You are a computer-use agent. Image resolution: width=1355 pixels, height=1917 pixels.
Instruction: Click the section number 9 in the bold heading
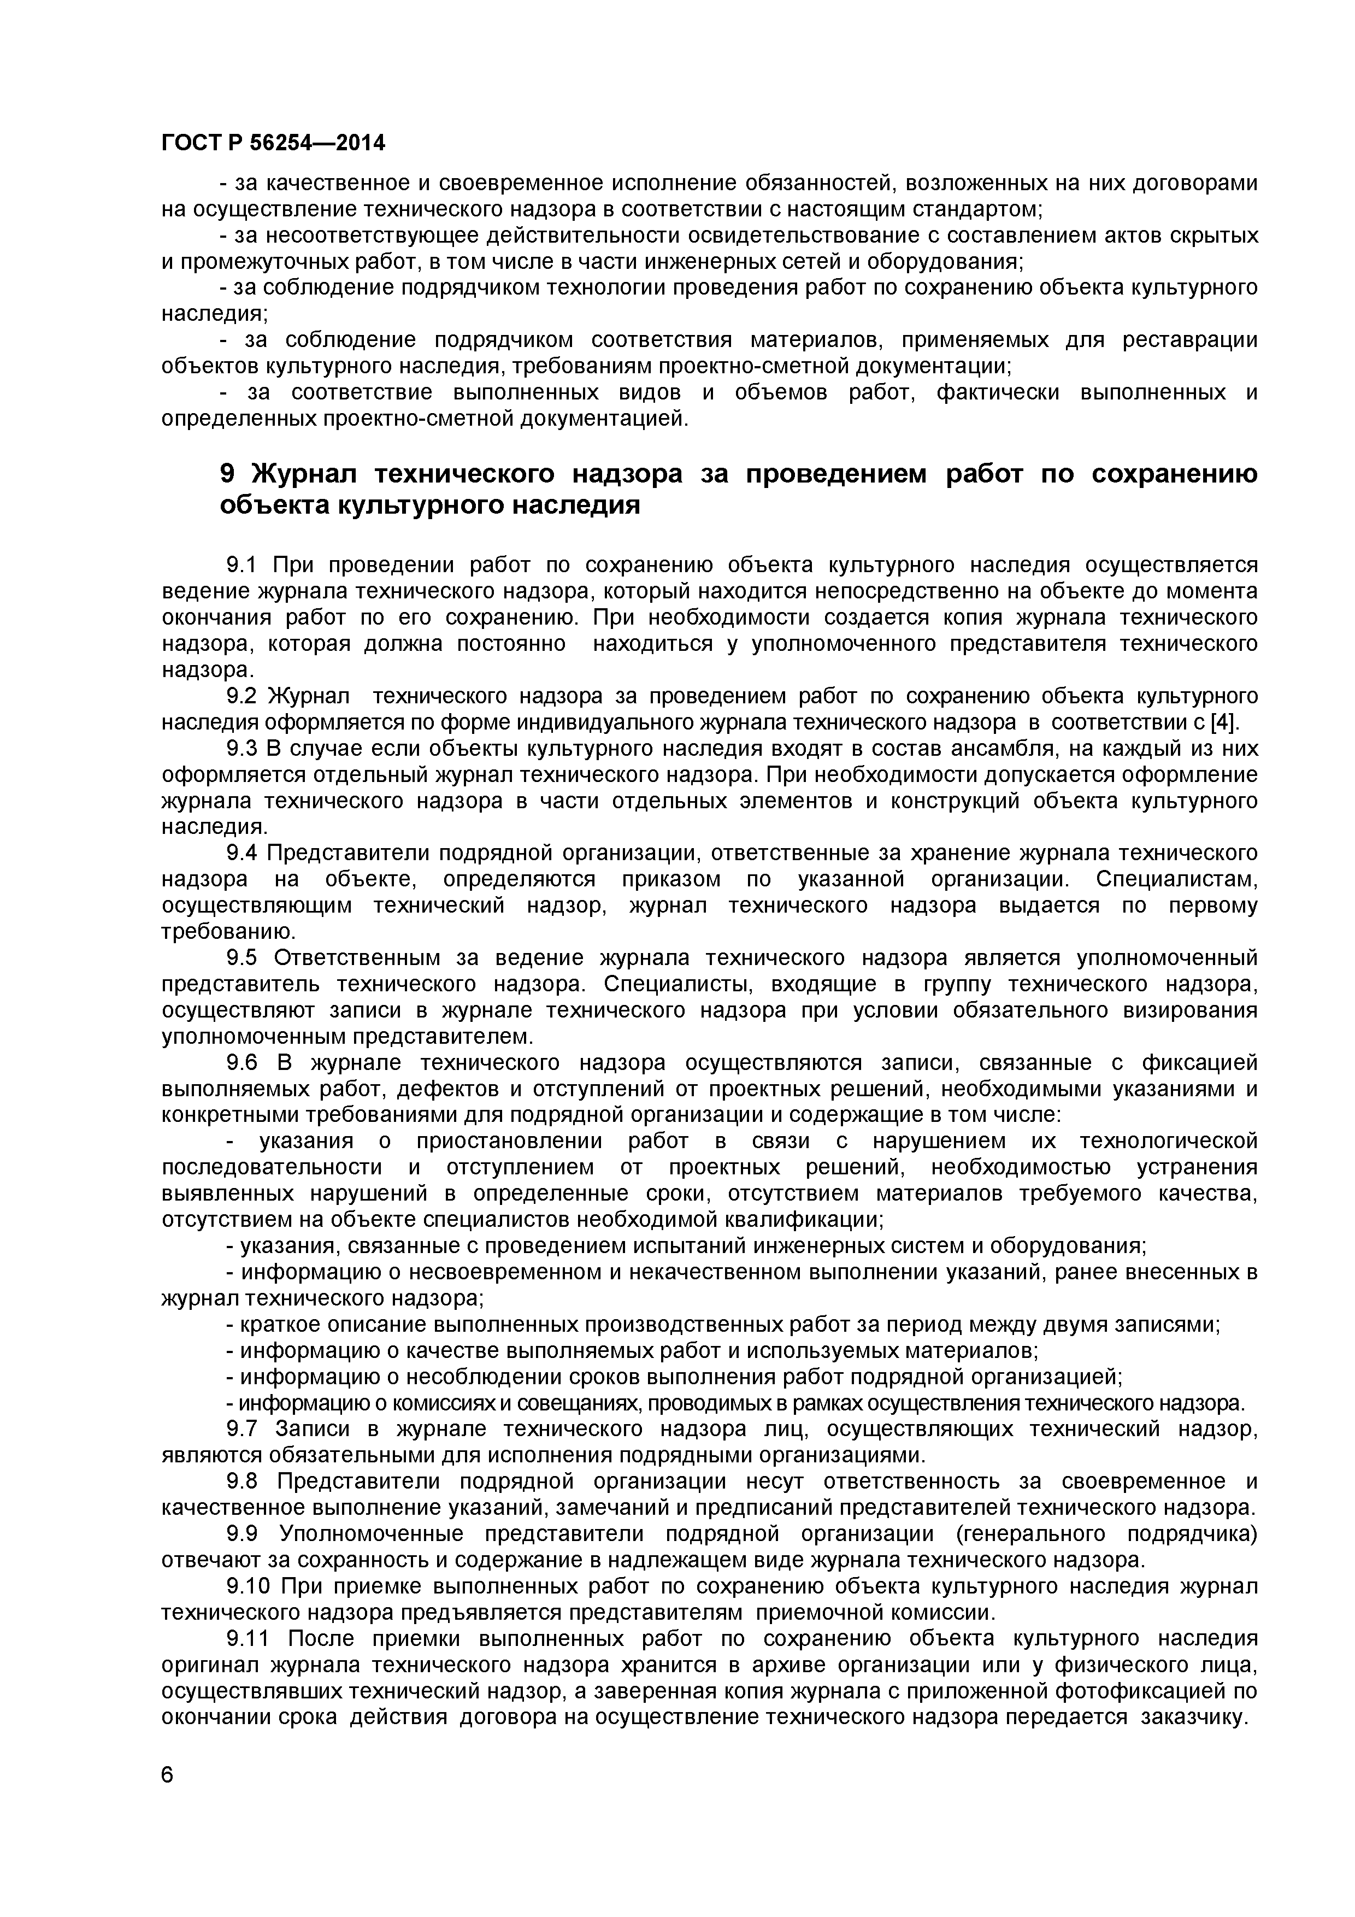click(228, 473)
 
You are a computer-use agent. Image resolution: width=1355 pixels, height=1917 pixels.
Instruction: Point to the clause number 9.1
click(242, 565)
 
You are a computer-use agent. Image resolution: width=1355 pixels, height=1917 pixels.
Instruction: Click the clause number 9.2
click(242, 696)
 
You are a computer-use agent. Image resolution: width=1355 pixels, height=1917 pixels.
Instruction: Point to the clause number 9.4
click(242, 852)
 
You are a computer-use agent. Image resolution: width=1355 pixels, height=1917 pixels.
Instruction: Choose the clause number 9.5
click(242, 957)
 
